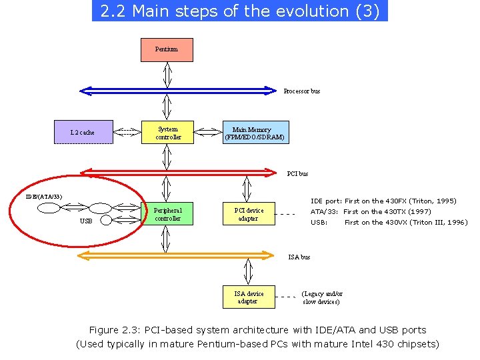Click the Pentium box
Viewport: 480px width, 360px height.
click(x=167, y=50)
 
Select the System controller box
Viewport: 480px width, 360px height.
click(x=167, y=133)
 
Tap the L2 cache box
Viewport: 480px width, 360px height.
click(x=83, y=132)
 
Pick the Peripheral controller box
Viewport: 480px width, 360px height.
click(x=167, y=214)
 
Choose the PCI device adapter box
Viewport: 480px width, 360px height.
click(x=248, y=214)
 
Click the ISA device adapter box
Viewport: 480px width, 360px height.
click(x=248, y=297)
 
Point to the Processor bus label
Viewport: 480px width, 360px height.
click(x=302, y=91)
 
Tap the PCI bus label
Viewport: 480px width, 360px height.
click(x=297, y=174)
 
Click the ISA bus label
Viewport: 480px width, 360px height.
click(x=299, y=257)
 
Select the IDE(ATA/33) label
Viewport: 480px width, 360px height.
click(x=44, y=197)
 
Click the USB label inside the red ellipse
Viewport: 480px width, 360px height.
click(x=86, y=221)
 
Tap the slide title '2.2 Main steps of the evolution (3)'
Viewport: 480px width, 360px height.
click(x=239, y=11)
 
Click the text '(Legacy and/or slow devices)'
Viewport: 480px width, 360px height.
click(x=322, y=297)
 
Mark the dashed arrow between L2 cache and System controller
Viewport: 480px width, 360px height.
click(x=127, y=132)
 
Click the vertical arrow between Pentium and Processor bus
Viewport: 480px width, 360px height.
click(x=167, y=73)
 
